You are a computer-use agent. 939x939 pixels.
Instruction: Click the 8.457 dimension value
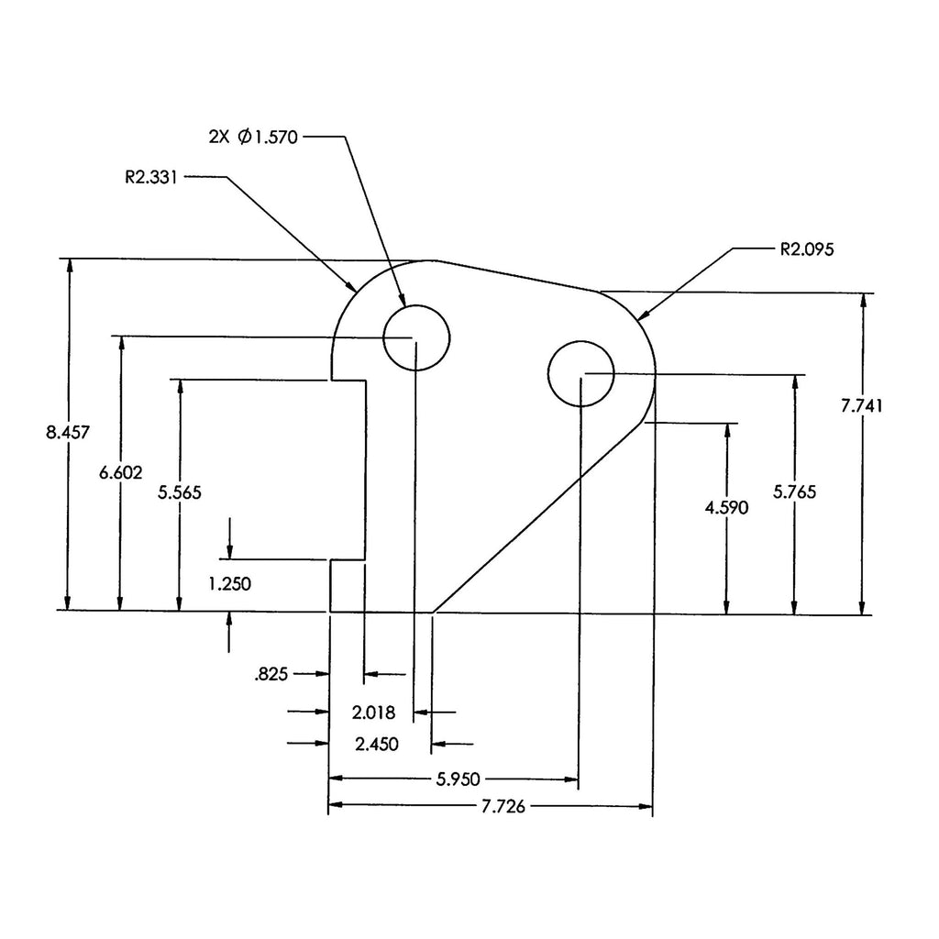pyautogui.click(x=68, y=432)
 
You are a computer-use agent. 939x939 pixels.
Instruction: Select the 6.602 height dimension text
pyautogui.click(x=120, y=472)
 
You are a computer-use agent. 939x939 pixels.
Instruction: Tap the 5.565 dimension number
pyautogui.click(x=180, y=492)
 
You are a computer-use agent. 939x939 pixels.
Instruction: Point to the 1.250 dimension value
pyautogui.click(x=229, y=582)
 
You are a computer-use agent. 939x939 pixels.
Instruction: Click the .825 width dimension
pyautogui.click(x=271, y=675)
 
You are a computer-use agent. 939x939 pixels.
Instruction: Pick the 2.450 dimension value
pyautogui.click(x=377, y=744)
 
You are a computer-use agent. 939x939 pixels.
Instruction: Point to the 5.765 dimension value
pyautogui.click(x=794, y=492)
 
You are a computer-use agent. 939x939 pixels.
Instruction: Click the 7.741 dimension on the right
pyautogui.click(x=862, y=407)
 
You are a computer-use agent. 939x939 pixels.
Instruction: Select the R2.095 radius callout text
pyautogui.click(x=806, y=248)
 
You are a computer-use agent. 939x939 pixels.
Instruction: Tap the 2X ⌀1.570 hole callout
pyautogui.click(x=254, y=137)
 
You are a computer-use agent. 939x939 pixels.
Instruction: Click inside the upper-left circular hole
pyautogui.click(x=417, y=337)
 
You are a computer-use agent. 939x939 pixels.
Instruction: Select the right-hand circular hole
pyautogui.click(x=580, y=373)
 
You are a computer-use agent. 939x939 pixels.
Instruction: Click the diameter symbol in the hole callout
pyautogui.click(x=244, y=137)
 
